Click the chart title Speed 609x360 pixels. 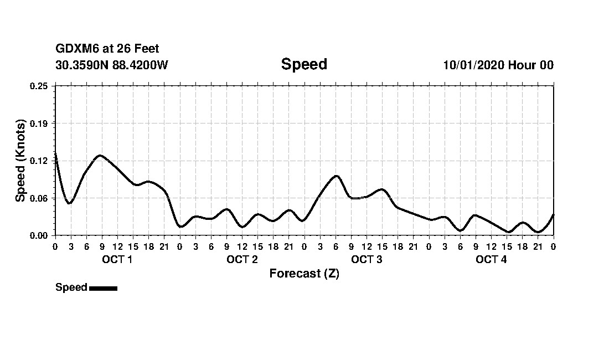pyautogui.click(x=304, y=64)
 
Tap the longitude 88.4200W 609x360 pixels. pyautogui.click(x=140, y=65)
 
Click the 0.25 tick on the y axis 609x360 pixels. pyautogui.click(x=39, y=86)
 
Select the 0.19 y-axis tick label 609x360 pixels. pyautogui.click(x=39, y=123)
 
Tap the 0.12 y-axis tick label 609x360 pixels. pyautogui.click(x=39, y=161)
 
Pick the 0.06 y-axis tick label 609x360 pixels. pyautogui.click(x=39, y=198)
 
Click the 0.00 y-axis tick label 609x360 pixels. pyautogui.click(x=39, y=235)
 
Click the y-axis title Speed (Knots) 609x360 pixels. pyautogui.click(x=20, y=161)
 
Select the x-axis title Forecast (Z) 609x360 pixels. pyautogui.click(x=304, y=274)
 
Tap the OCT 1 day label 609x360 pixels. pyautogui.click(x=117, y=260)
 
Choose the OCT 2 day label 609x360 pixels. pyautogui.click(x=242, y=260)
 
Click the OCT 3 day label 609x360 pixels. pyautogui.click(x=367, y=260)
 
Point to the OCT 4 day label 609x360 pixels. pyautogui.click(x=491, y=260)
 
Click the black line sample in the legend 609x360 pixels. pyautogui.click(x=103, y=288)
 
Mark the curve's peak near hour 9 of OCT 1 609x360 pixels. pyautogui.click(x=100, y=156)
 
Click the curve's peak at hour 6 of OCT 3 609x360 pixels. pyautogui.click(x=336, y=176)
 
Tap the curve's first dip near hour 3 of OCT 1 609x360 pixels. pyautogui.click(x=69, y=203)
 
